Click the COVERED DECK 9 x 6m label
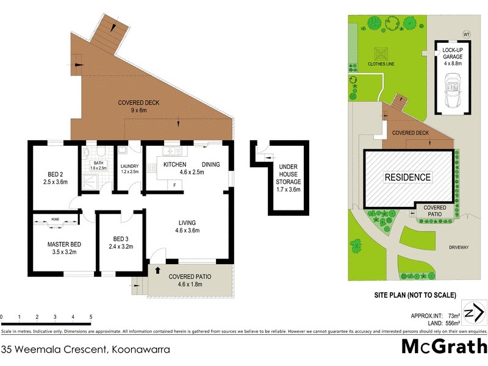[138, 107]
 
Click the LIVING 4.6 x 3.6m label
[187, 226]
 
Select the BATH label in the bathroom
[98, 163]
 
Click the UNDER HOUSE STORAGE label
[288, 178]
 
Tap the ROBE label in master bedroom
[55, 218]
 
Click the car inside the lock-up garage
[452, 90]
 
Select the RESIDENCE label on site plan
[407, 178]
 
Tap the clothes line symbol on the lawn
[382, 51]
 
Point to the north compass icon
[475, 314]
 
